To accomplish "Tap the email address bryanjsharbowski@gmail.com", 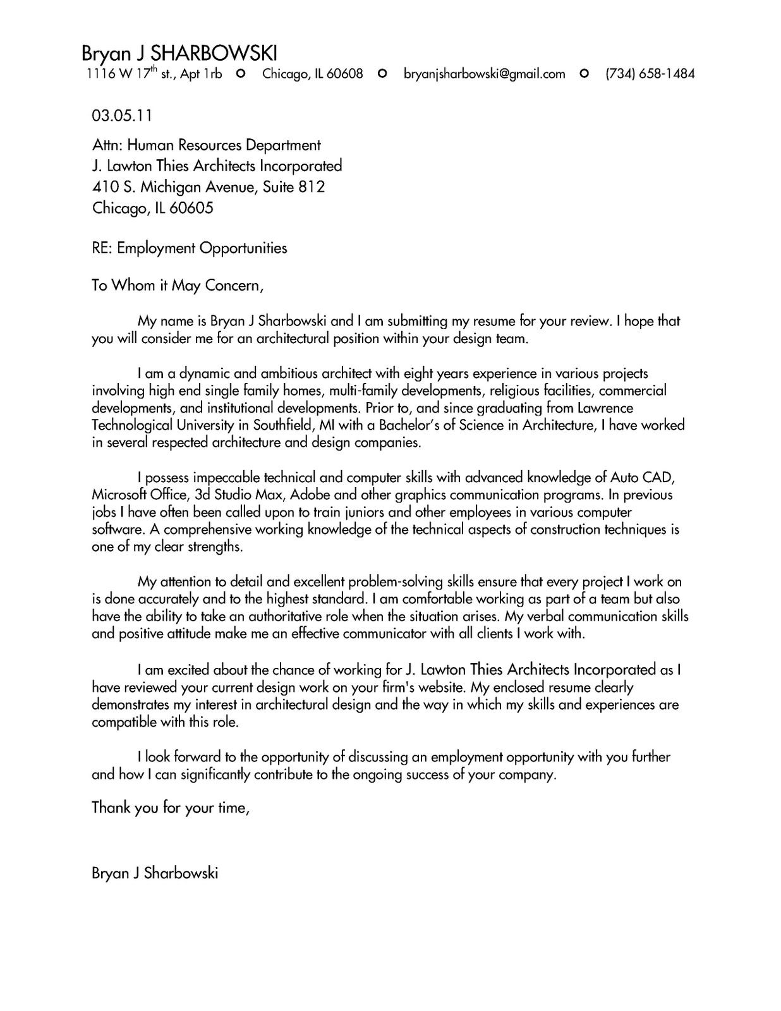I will (x=484, y=74).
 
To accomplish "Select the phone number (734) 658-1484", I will (x=650, y=74).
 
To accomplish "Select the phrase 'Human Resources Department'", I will (x=224, y=145).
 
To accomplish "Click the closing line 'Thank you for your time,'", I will (x=171, y=808).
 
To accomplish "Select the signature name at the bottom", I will (x=155, y=873).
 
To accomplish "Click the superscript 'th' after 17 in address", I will (x=152, y=69).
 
